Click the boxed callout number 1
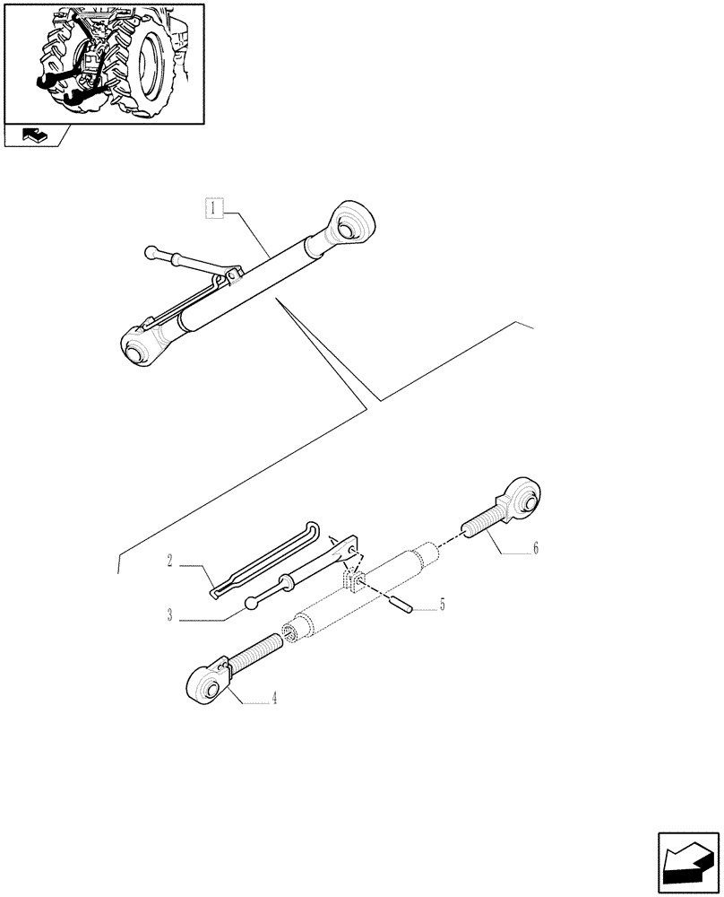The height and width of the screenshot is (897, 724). click(x=212, y=210)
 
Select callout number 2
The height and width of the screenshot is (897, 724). click(x=168, y=562)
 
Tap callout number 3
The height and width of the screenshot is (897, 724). click(x=168, y=614)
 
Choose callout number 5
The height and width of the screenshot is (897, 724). click(x=440, y=605)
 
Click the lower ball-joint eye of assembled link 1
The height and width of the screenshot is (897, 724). click(x=137, y=346)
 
